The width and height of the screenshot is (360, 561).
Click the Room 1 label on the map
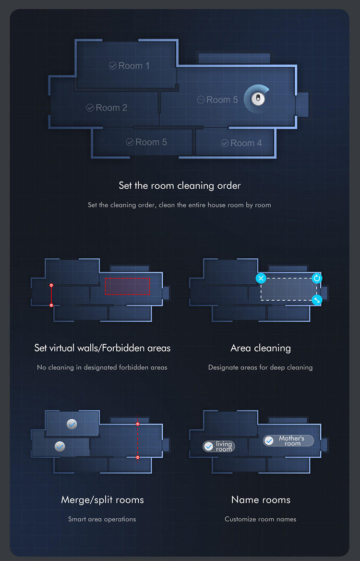pyautogui.click(x=130, y=66)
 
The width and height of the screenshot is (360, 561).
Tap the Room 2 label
pyautogui.click(x=107, y=108)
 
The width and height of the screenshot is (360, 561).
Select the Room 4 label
pyautogui.click(x=241, y=143)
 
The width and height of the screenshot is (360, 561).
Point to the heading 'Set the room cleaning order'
pyautogui.click(x=180, y=185)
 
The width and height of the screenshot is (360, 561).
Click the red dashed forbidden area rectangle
pyautogui.click(x=128, y=286)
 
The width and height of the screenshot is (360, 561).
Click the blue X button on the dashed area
pyautogui.click(x=261, y=278)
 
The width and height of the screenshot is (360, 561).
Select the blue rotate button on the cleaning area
pyautogui.click(x=317, y=278)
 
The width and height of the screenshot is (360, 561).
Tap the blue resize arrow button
pyautogui.click(x=317, y=300)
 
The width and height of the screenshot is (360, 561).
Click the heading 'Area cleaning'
pyautogui.click(x=261, y=348)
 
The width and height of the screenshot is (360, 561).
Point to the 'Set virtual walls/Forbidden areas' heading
pyautogui.click(x=102, y=348)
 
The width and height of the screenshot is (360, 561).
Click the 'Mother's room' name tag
pyautogui.click(x=288, y=440)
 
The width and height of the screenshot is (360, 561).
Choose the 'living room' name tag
pyautogui.click(x=219, y=446)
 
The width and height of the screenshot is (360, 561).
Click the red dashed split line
pyautogui.click(x=138, y=440)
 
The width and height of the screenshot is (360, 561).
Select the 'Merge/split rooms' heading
pyautogui.click(x=102, y=500)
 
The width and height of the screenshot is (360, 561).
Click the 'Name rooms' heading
pyautogui.click(x=261, y=500)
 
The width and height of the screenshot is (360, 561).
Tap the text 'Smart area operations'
pyautogui.click(x=102, y=519)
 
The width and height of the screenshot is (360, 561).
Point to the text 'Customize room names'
pyautogui.click(x=261, y=519)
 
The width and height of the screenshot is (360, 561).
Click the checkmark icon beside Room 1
pyautogui.click(x=113, y=66)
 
